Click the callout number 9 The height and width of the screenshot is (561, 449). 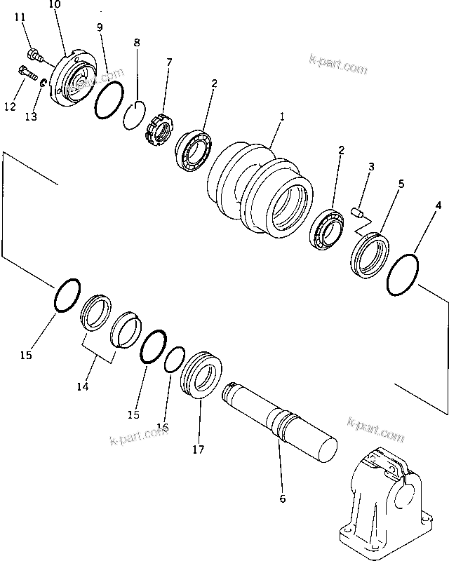point(100,27)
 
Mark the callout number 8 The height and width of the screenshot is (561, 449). point(136,43)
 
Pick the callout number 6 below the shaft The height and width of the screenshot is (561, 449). point(282,499)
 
